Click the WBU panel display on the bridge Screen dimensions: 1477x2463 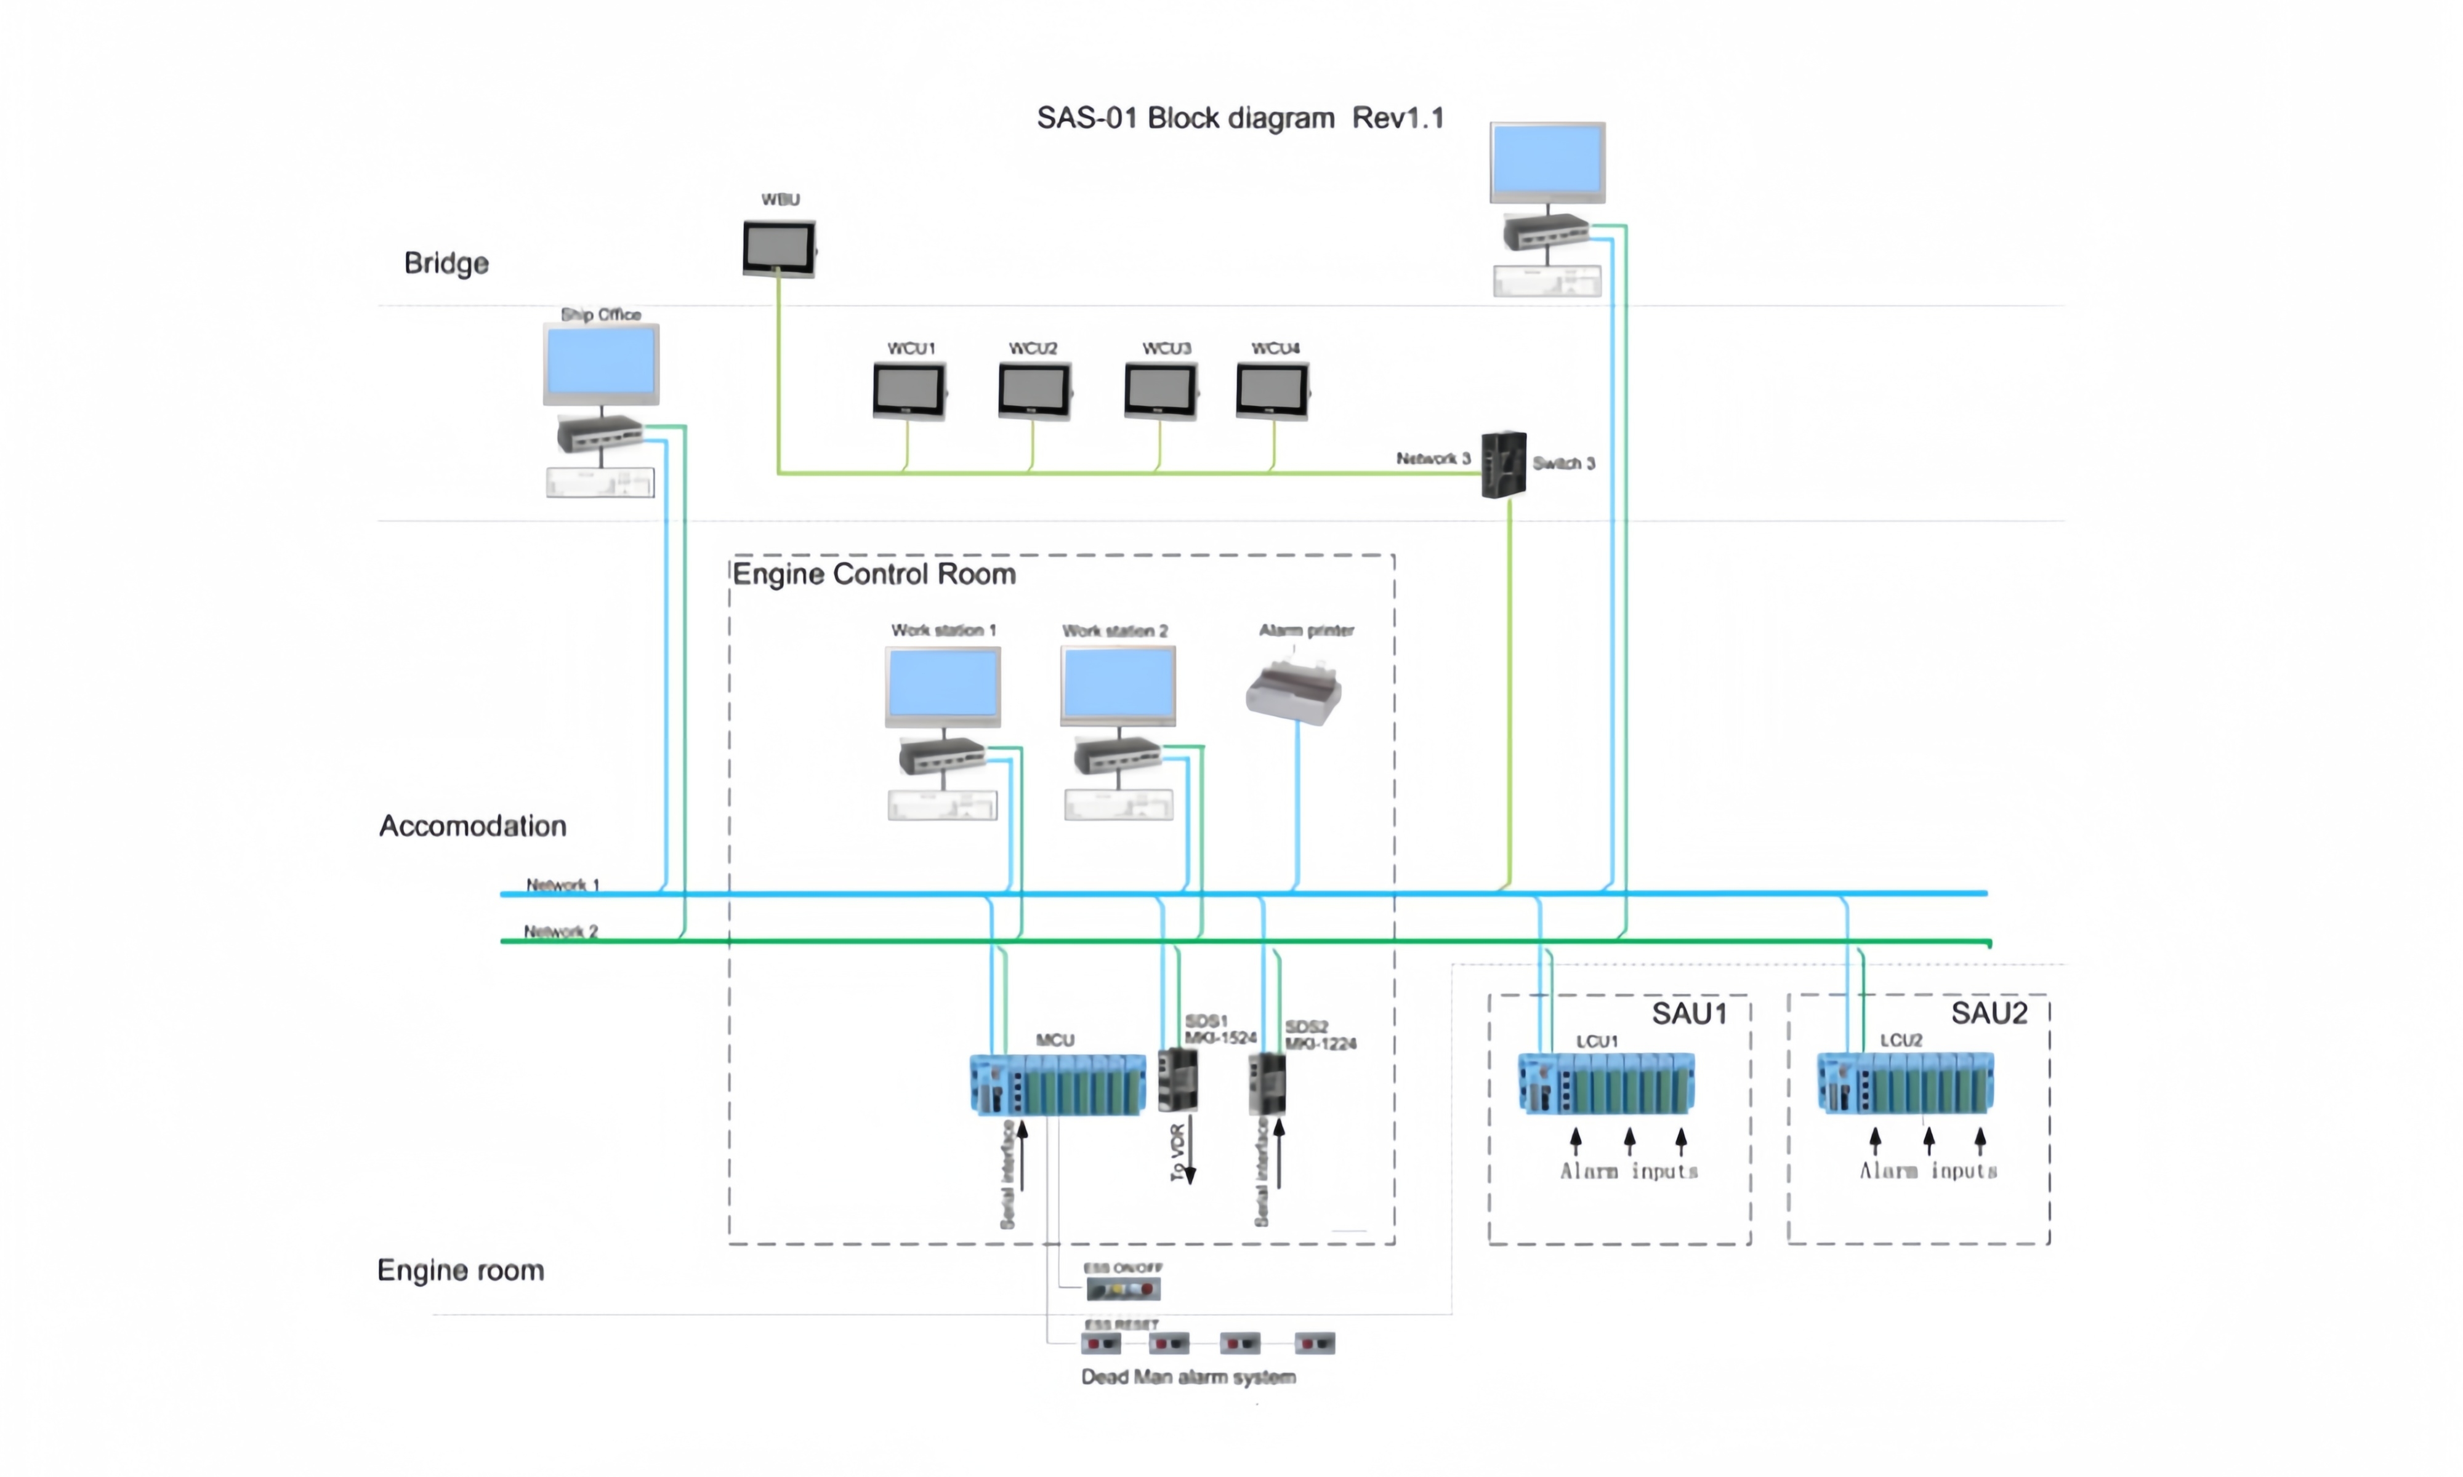778,248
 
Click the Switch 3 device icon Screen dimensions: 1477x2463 1502,465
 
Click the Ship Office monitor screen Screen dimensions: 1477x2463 600,363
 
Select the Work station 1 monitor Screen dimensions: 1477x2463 943,686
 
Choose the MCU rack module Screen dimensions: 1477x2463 1057,1085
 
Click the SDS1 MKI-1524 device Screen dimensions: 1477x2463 1178,1080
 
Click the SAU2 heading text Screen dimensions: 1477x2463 1988,1013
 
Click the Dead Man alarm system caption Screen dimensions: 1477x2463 1188,1377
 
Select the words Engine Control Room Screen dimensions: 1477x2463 874,574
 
